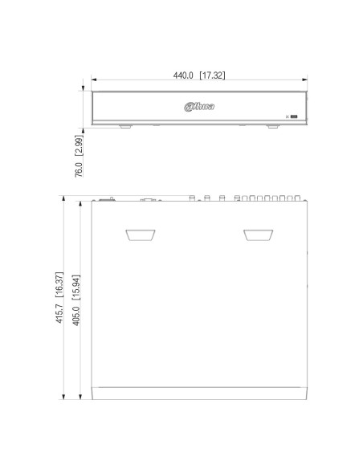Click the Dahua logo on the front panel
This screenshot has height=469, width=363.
199,107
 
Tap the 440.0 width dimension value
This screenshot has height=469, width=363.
183,75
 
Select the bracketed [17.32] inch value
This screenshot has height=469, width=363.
212,75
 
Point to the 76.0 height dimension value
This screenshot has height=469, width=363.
79,169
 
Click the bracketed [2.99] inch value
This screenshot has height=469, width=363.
79,145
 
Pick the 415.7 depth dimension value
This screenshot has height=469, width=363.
59,313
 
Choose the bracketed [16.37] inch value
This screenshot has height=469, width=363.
59,284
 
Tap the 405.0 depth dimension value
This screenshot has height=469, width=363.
76,316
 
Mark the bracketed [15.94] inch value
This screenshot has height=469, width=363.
76,288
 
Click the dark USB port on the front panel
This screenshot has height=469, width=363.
294,116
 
